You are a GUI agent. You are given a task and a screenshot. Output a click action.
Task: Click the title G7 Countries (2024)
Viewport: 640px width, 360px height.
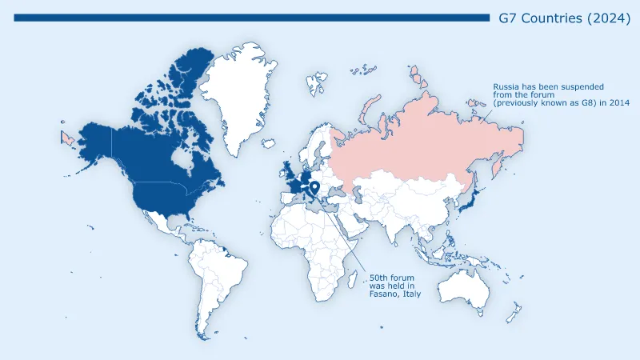tap(563, 18)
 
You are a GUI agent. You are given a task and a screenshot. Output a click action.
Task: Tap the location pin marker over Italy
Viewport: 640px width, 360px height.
tap(316, 189)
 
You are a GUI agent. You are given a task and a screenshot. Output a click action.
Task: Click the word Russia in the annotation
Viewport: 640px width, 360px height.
tap(506, 86)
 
